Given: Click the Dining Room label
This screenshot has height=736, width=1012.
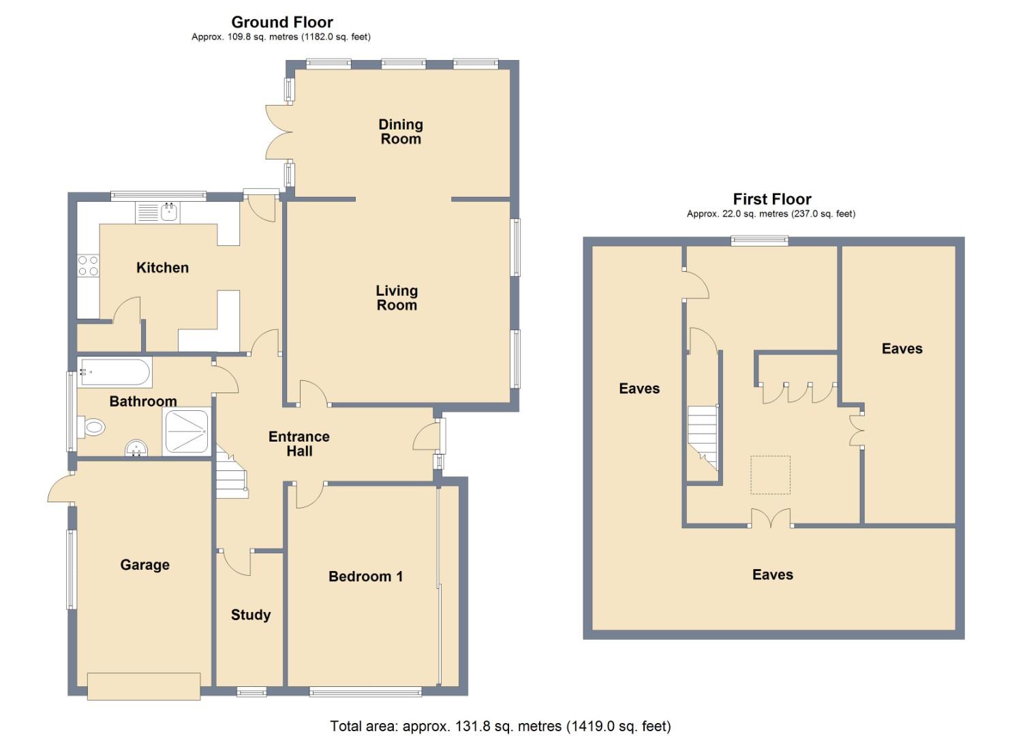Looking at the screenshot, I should click(x=400, y=132).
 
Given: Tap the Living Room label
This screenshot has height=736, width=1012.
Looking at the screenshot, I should click(x=396, y=298).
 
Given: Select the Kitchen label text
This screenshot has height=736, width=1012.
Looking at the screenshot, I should click(x=162, y=268).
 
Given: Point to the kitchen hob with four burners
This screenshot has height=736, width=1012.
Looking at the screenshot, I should click(x=88, y=266).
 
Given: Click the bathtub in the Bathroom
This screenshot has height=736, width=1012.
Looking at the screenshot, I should click(x=114, y=373).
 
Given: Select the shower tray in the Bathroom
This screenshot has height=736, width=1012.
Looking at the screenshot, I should click(x=186, y=431).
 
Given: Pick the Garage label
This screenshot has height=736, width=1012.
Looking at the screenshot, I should click(x=144, y=565).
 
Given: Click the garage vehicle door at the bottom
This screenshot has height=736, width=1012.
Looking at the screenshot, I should click(x=144, y=686).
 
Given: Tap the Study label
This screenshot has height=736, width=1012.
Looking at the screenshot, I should click(x=251, y=615).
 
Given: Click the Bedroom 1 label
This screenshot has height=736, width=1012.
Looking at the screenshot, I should click(x=365, y=577).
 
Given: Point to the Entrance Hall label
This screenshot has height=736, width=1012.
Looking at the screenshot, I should click(x=298, y=444).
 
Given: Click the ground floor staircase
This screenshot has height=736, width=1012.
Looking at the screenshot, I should click(x=232, y=472).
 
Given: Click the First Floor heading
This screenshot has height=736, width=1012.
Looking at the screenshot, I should click(x=771, y=199).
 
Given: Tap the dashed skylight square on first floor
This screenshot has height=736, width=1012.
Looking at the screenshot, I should click(x=770, y=475).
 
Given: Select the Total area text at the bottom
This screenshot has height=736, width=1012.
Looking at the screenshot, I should click(x=500, y=726).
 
